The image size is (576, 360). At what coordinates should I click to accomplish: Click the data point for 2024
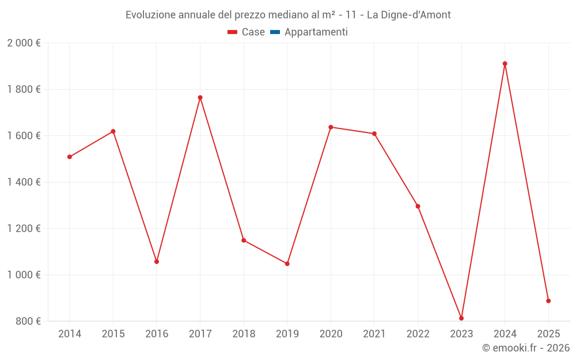(505, 64)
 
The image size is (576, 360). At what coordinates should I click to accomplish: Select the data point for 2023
(461, 318)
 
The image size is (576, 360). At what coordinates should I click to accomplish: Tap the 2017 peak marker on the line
(200, 97)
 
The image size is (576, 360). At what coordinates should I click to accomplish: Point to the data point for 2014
(70, 157)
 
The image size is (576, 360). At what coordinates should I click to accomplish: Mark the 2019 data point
(287, 264)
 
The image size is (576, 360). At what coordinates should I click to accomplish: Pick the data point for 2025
(548, 301)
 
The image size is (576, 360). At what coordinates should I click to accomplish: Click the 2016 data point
(157, 262)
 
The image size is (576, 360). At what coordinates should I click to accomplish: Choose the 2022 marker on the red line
(418, 206)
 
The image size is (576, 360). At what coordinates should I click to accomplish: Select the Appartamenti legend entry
(316, 32)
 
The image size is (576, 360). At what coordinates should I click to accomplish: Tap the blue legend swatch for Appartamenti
(275, 32)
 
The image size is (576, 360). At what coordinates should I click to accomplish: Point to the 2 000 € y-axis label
(24, 43)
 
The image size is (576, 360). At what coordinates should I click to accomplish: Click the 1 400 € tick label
(24, 182)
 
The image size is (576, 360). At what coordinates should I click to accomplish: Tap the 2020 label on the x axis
(331, 334)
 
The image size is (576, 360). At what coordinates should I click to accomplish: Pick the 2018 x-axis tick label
(244, 334)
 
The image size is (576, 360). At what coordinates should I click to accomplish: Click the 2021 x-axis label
(374, 334)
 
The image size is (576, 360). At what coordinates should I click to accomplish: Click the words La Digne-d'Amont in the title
(409, 14)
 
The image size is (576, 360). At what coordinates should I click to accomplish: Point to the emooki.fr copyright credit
(526, 348)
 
